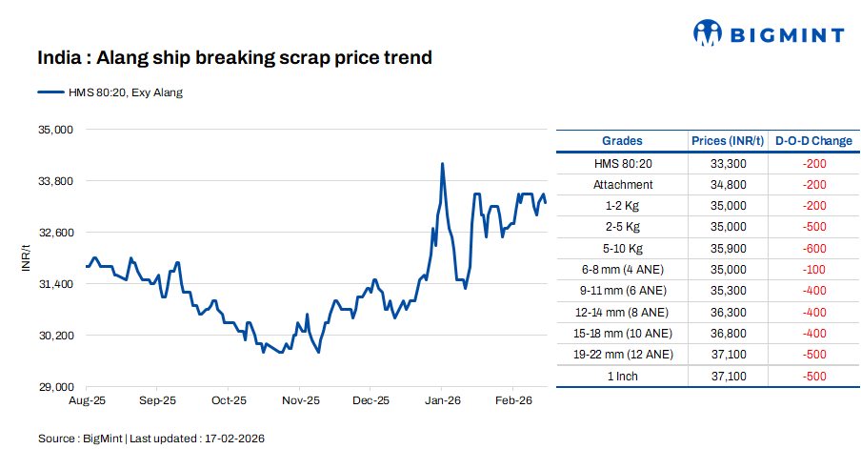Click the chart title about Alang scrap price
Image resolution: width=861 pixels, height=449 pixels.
tap(234, 58)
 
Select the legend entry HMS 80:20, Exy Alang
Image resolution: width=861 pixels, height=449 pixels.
tap(110, 92)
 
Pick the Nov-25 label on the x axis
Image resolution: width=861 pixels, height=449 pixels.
tap(300, 401)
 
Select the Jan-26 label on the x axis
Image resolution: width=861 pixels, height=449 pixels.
tap(443, 401)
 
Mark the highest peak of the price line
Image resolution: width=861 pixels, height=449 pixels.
tap(442, 164)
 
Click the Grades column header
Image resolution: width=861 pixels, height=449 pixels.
tap(622, 141)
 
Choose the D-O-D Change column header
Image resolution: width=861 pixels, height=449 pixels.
tap(813, 141)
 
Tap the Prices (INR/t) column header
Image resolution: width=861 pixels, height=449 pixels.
tap(728, 141)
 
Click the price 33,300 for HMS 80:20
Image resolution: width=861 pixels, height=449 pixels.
tap(728, 164)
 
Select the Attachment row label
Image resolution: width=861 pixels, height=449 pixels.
tap(622, 185)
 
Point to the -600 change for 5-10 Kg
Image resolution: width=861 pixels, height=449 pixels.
tap(813, 248)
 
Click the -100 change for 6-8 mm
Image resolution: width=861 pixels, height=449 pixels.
tap(813, 270)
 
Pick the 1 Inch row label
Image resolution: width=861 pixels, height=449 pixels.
tap(622, 376)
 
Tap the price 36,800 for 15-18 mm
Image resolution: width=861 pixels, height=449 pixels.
tap(728, 333)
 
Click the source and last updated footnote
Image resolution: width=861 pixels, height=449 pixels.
tap(150, 438)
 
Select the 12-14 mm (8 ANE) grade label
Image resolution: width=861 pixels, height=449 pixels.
tap(622, 312)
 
